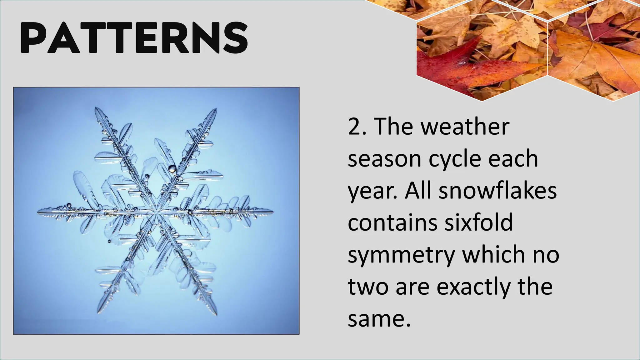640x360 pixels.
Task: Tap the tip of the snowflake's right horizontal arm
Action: [273, 212]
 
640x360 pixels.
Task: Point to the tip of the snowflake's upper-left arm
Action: [96, 108]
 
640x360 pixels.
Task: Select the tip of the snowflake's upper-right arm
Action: [216, 109]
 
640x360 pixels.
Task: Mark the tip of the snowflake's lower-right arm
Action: [216, 314]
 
